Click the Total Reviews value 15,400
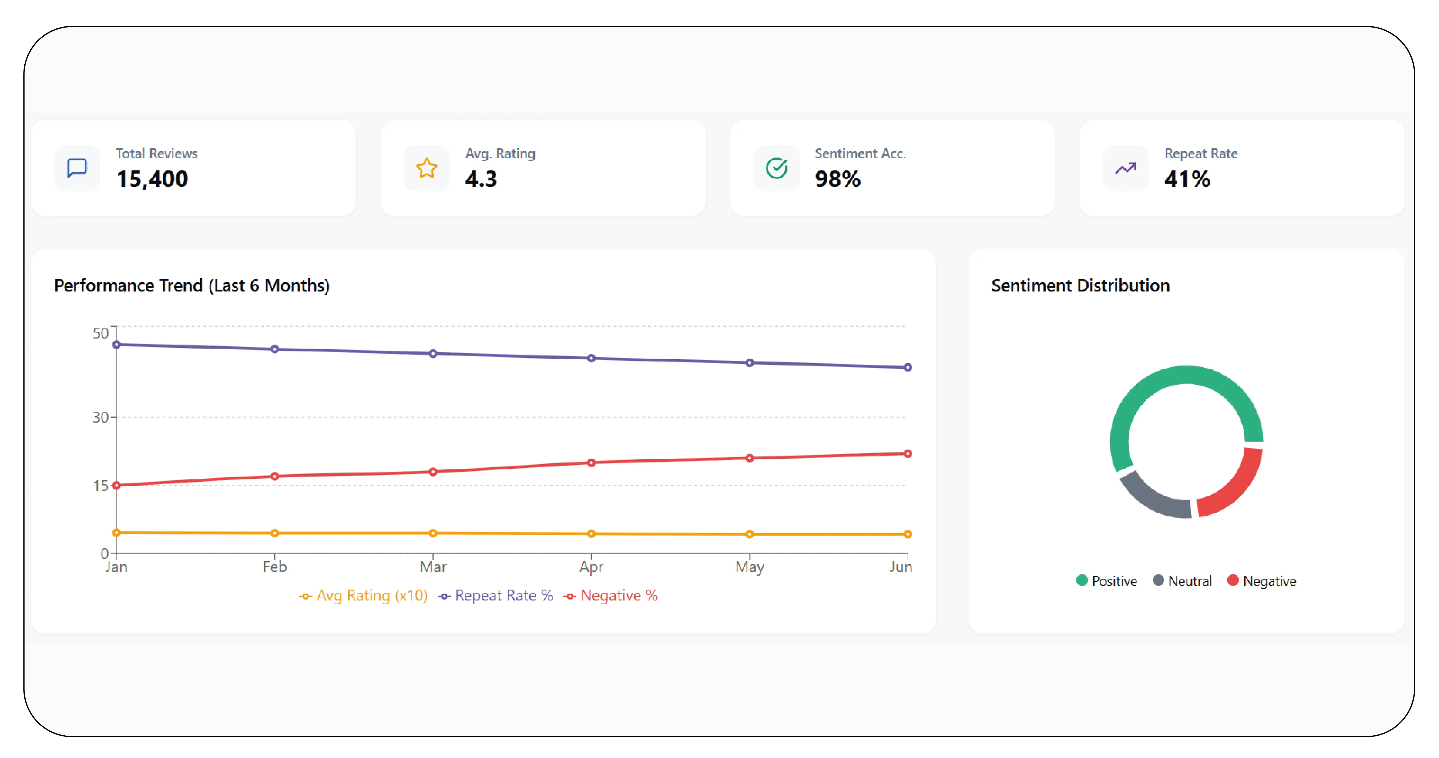(152, 179)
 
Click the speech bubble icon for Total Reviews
(77, 168)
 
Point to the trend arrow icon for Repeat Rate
(1126, 168)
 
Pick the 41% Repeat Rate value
(1187, 179)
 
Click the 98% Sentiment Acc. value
(837, 179)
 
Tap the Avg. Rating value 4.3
(481, 179)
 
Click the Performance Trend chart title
(192, 285)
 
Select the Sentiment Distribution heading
(1080, 285)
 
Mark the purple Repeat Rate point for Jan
(116, 345)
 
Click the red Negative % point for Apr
(591, 462)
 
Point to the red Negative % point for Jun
(908, 454)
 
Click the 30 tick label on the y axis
(100, 417)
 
